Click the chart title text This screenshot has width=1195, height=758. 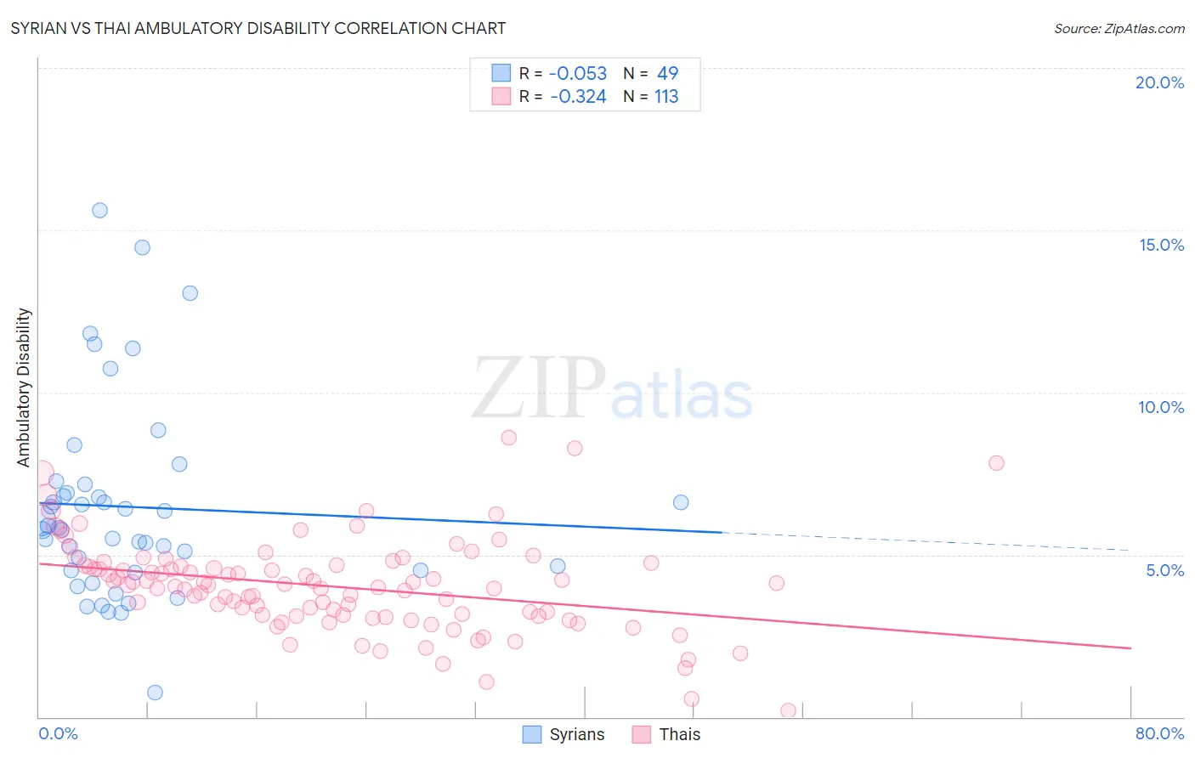(x=258, y=28)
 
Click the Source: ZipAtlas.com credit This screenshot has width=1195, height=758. (x=1119, y=28)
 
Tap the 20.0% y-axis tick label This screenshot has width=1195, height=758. (x=1159, y=82)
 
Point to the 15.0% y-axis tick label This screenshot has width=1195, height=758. (x=1161, y=245)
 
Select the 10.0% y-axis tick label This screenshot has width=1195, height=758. (x=1161, y=407)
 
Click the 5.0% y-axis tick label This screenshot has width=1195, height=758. (x=1164, y=570)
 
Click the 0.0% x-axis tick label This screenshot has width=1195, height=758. (x=58, y=733)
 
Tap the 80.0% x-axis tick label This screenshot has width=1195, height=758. (x=1159, y=733)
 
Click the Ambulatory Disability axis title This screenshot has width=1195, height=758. (x=24, y=387)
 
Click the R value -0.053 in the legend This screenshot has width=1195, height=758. (x=578, y=74)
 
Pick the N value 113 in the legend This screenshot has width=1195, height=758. (x=666, y=97)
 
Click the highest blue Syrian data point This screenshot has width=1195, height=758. (x=99, y=210)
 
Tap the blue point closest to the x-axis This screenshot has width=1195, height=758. (x=155, y=693)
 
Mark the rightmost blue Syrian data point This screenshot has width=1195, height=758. (x=681, y=502)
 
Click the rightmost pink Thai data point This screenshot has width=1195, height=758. (x=996, y=463)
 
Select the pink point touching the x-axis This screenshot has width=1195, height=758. (x=788, y=710)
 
